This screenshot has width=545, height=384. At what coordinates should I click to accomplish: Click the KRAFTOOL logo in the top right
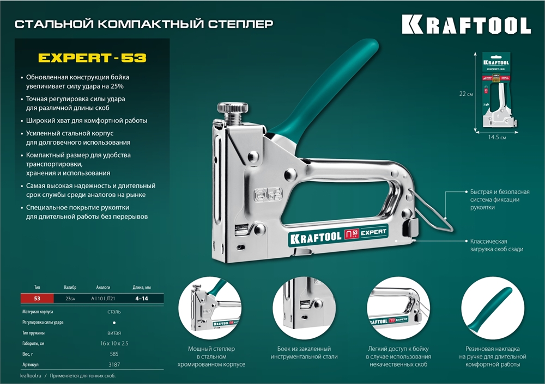(466, 25)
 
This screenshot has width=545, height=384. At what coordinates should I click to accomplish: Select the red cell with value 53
(37, 298)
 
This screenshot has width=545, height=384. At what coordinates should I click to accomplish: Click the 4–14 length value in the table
(141, 298)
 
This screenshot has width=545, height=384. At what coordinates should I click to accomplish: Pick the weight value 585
(114, 353)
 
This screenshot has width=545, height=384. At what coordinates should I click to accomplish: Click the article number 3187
(114, 363)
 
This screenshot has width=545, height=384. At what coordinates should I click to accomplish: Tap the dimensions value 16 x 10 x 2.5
(114, 343)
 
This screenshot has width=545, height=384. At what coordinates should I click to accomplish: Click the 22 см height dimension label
(466, 94)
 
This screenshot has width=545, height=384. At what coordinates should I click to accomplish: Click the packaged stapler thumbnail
(500, 90)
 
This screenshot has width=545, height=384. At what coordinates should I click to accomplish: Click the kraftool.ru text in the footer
(31, 376)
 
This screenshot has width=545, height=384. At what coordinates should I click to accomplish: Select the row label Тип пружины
(33, 332)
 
